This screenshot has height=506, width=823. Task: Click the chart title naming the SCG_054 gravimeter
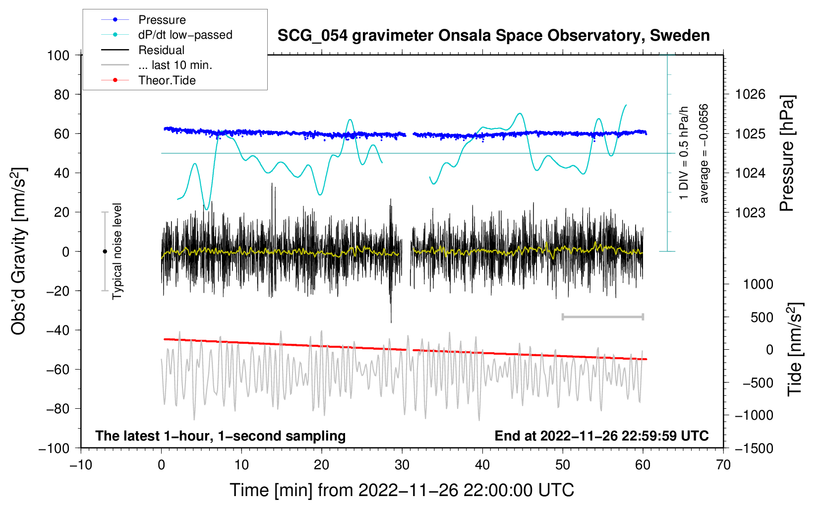pyautogui.click(x=493, y=36)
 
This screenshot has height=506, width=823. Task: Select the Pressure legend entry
pyautogui.click(x=144, y=19)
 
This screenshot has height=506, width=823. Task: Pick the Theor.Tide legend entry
pyautogui.click(x=148, y=80)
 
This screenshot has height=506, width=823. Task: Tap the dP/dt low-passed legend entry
pyautogui.click(x=167, y=35)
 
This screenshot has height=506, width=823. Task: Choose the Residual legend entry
pyautogui.click(x=143, y=50)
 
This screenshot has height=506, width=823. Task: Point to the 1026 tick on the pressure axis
pyautogui.click(x=750, y=95)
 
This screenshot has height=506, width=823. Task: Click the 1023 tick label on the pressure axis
pyautogui.click(x=750, y=212)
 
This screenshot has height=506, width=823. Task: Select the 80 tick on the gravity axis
pyautogui.click(x=61, y=95)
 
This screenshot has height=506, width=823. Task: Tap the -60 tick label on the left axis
pyautogui.click(x=58, y=370)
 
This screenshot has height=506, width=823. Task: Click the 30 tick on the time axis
pyautogui.click(x=402, y=465)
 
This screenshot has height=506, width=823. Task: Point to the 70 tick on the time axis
pyautogui.click(x=723, y=465)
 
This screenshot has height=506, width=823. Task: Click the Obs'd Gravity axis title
pyautogui.click(x=19, y=251)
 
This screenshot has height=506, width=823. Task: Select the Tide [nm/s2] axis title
pyautogui.click(x=795, y=349)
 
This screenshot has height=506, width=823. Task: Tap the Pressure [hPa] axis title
pyautogui.click(x=787, y=153)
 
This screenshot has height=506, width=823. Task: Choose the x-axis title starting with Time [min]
pyautogui.click(x=402, y=490)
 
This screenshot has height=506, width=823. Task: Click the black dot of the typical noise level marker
pyautogui.click(x=105, y=252)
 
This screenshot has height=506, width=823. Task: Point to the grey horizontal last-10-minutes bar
pyautogui.click(x=602, y=316)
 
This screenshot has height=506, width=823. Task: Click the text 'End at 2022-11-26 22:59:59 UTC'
pyautogui.click(x=601, y=436)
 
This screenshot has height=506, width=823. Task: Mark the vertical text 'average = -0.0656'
pyautogui.click(x=703, y=153)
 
